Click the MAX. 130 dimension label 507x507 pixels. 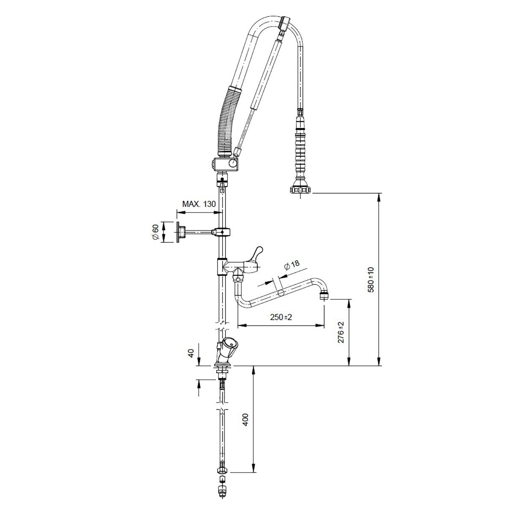point(199,204)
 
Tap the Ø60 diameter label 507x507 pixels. point(155,232)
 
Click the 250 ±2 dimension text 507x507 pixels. point(281,317)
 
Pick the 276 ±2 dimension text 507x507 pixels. point(341,332)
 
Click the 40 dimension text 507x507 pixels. point(191,353)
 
